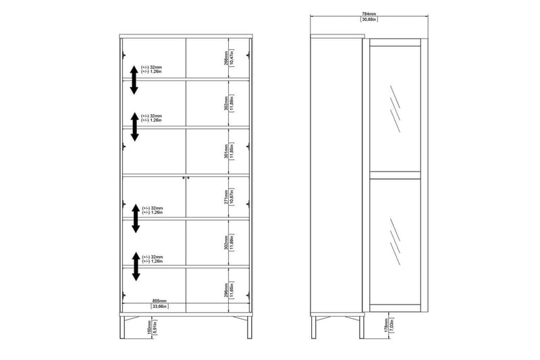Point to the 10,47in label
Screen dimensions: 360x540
point(231,58)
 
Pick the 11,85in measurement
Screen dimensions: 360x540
point(231,151)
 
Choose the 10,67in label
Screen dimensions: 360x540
point(231,197)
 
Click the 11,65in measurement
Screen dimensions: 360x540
point(231,290)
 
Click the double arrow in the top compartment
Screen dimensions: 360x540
point(134,80)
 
